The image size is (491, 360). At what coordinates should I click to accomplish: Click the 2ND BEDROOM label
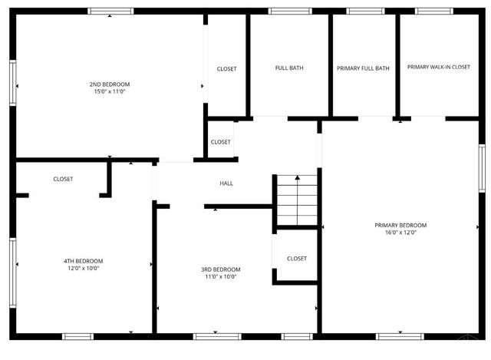(x=109, y=84)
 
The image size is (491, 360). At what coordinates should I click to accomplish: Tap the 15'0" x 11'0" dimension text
(x=109, y=91)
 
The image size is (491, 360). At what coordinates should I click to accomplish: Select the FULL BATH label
(x=289, y=68)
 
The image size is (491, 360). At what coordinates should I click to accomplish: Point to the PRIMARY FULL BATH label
(x=363, y=68)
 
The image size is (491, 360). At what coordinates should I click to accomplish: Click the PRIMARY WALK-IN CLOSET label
(x=438, y=68)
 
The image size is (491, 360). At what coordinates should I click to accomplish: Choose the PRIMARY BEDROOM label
(x=400, y=225)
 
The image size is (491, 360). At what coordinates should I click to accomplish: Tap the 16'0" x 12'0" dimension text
(x=400, y=233)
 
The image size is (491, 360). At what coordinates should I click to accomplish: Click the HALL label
(x=226, y=183)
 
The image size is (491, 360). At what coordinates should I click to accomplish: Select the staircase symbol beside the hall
(x=296, y=199)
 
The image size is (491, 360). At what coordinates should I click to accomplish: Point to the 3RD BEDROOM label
(x=221, y=269)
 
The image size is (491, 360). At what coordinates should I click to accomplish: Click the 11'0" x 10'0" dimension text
(x=221, y=277)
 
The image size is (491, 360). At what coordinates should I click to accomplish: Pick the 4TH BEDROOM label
(x=83, y=261)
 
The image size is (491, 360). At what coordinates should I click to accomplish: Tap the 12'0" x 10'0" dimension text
(x=83, y=269)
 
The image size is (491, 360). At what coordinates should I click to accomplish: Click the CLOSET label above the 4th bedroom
(x=63, y=179)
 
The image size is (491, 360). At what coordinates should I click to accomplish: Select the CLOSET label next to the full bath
(x=226, y=69)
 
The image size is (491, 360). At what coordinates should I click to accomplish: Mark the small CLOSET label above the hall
(x=220, y=142)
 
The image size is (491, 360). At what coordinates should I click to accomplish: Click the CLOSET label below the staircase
(x=296, y=259)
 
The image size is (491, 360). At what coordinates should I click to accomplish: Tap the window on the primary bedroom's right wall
(x=481, y=167)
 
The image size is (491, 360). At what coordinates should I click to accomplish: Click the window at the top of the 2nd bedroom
(x=110, y=12)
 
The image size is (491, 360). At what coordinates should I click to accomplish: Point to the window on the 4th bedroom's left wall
(x=12, y=263)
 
